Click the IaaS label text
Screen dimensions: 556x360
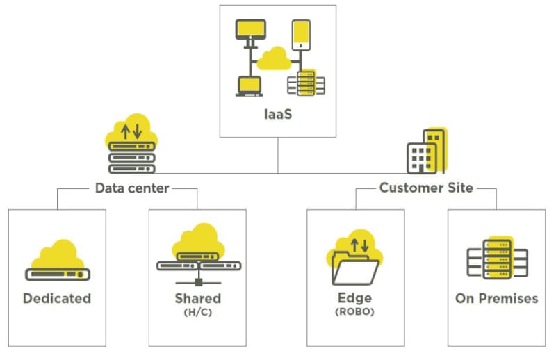[x=278, y=114]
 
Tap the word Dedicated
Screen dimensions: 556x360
[x=57, y=298]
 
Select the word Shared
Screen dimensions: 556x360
[x=198, y=298]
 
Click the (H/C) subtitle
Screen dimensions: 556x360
[x=198, y=312]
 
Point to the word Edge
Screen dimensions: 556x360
[x=355, y=298]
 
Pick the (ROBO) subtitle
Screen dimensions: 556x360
[x=355, y=312]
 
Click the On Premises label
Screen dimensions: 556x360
[x=497, y=298]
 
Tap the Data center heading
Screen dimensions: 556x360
[x=132, y=188]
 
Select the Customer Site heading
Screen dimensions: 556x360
[x=426, y=188]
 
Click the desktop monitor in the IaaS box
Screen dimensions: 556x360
[x=251, y=33]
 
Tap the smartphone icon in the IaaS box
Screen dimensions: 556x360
[x=301, y=35]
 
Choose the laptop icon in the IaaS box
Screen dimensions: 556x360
[x=250, y=86]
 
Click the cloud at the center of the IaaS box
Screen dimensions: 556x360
[x=274, y=59]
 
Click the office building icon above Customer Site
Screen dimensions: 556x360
[x=427, y=152]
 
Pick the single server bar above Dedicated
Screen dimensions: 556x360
[x=58, y=275]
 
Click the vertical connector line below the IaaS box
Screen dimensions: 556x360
[x=278, y=156]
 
